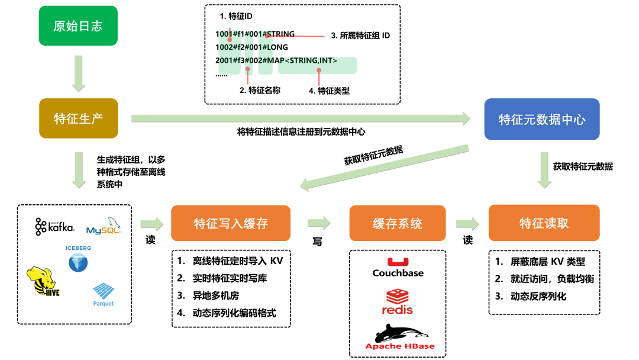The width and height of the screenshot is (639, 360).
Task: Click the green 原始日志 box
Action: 78,26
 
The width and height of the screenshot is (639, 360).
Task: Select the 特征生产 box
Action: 78,118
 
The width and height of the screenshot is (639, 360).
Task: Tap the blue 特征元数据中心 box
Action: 542,119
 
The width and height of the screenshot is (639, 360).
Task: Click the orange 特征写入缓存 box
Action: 231,223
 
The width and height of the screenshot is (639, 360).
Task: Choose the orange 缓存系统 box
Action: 398,223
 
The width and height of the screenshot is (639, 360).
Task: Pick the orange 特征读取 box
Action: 544,223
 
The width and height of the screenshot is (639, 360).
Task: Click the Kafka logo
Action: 55,226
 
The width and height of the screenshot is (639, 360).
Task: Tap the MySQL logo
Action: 104,227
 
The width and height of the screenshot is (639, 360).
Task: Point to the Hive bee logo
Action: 43,282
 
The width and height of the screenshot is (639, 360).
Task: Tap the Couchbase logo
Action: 398,268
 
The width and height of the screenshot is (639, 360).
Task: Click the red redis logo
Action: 398,302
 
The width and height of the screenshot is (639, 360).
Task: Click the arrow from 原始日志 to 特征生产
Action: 78,72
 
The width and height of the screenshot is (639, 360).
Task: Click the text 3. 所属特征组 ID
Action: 360,36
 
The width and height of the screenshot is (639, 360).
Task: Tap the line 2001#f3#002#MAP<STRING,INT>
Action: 276,60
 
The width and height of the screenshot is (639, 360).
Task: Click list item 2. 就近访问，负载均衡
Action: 544,279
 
